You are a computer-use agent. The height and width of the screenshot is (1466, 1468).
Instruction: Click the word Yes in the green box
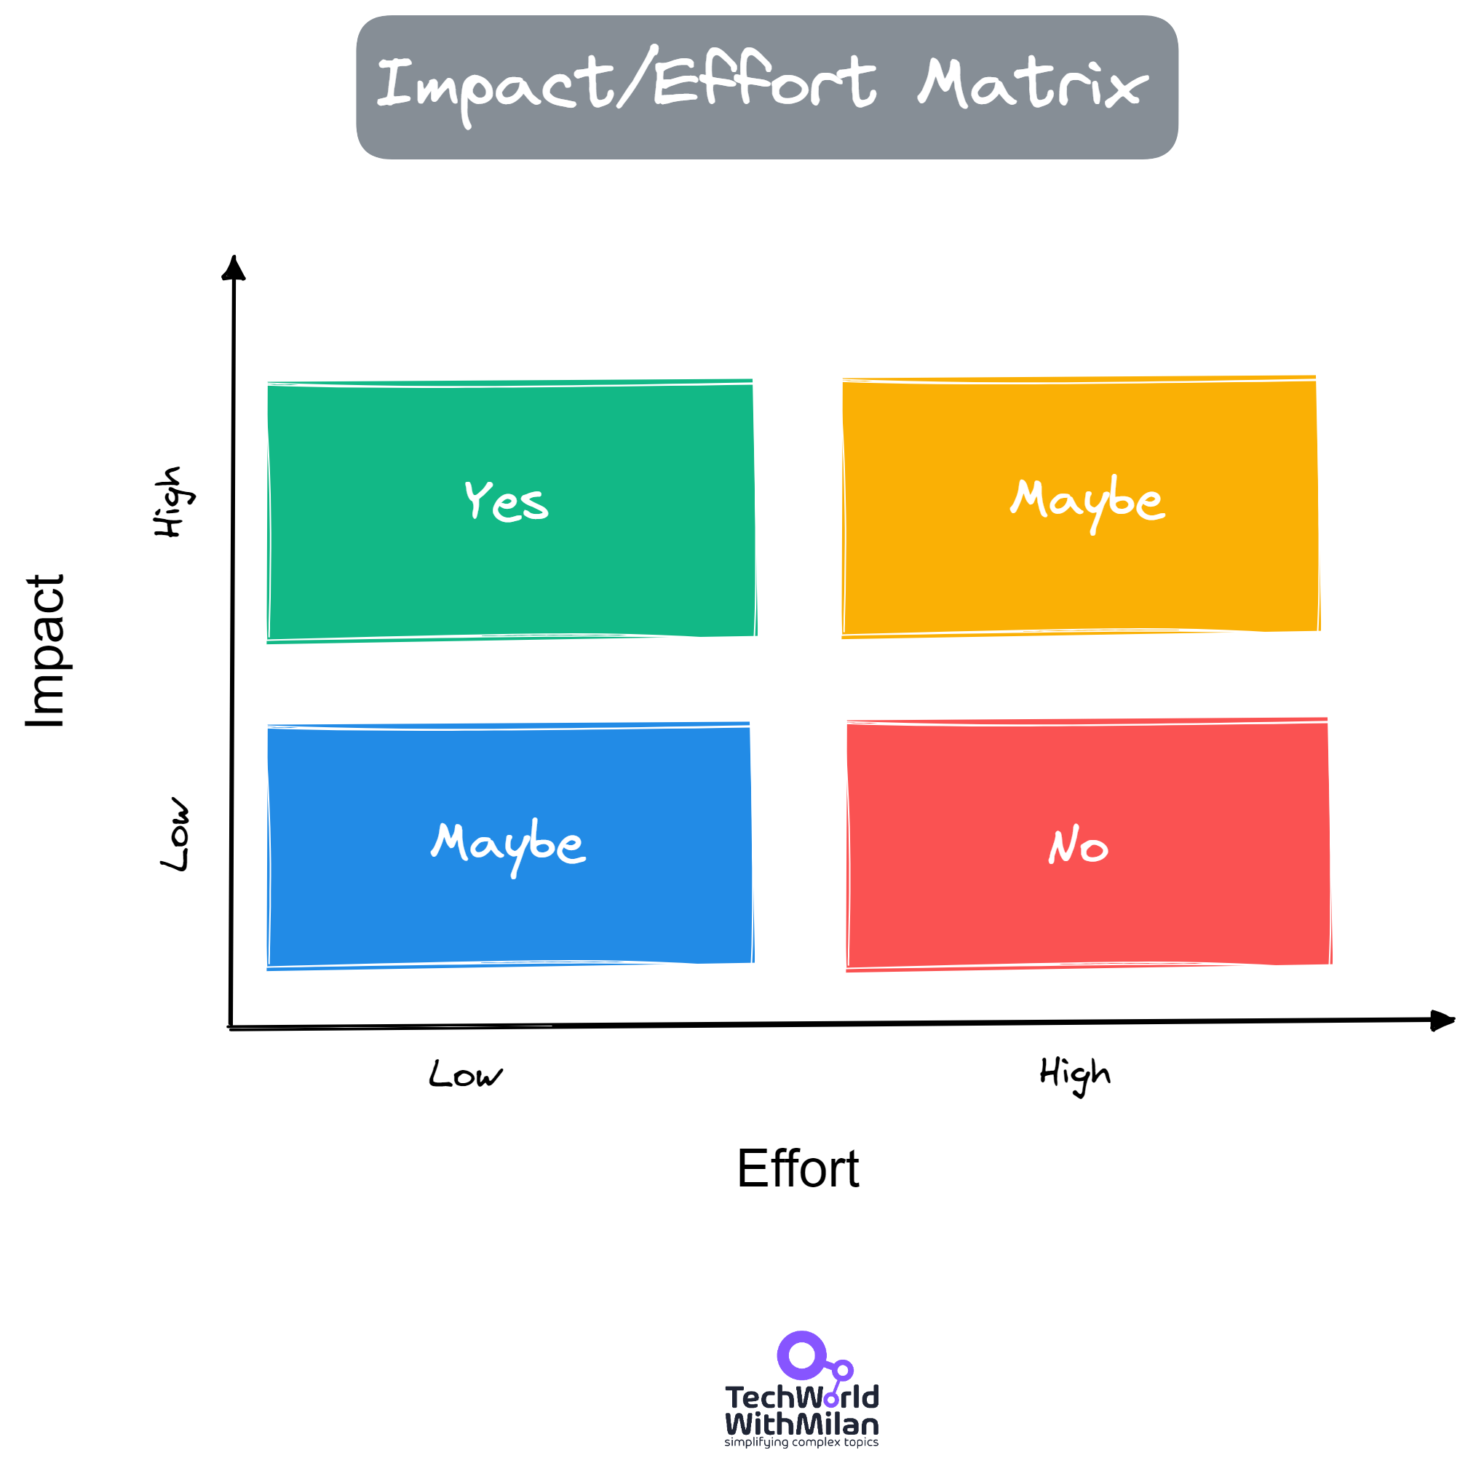506,502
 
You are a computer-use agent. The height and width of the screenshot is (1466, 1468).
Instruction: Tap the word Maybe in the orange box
1087,502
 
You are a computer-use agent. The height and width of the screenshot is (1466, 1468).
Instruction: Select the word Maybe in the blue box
508,845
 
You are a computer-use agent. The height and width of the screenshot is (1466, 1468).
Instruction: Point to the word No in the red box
1077,846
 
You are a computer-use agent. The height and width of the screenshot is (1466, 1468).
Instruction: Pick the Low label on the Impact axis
175,834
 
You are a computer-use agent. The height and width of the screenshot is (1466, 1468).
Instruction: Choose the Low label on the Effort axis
465,1074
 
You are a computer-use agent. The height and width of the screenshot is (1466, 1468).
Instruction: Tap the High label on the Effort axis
1074,1073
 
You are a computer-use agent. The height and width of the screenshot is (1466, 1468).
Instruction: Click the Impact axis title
46,651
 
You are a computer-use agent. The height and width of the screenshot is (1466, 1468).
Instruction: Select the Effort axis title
797,1168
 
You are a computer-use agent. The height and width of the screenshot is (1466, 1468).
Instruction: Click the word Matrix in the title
1033,84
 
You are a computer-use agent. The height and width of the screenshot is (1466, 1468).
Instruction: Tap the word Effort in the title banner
763,82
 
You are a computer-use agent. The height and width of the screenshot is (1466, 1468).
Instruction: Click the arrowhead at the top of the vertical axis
234,269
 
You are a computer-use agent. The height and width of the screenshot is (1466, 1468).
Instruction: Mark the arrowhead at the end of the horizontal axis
1440,1020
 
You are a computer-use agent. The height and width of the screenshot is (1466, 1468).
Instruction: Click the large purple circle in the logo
801,1355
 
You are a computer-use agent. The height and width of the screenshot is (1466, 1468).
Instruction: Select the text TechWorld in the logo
801,1397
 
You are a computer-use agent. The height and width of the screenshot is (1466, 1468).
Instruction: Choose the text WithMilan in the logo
801,1425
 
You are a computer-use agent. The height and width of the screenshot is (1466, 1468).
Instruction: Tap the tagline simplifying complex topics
801,1443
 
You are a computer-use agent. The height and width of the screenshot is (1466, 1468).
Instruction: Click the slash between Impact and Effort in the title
637,77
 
